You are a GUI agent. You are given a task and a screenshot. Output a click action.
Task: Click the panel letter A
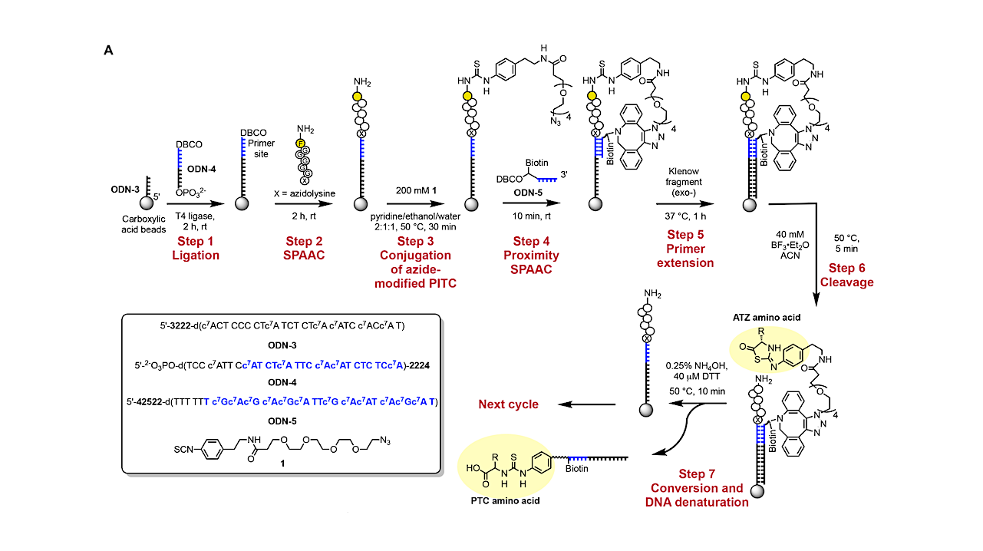tap(108, 50)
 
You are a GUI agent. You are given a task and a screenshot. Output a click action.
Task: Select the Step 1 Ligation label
tap(195, 249)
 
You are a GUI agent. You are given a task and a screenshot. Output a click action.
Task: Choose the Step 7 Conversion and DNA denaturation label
tap(697, 495)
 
